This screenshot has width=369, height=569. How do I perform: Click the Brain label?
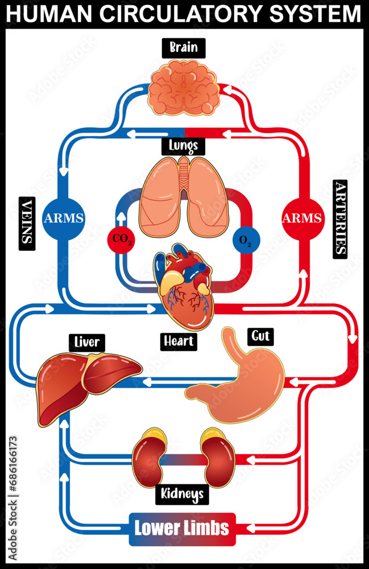[x=183, y=47]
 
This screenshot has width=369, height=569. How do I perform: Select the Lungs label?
[x=183, y=146]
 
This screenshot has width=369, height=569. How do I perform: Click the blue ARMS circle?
[x=64, y=217]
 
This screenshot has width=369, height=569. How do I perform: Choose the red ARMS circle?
[x=303, y=217]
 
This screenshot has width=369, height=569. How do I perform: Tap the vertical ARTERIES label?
[x=339, y=217]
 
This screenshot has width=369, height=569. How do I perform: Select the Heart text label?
[x=179, y=341]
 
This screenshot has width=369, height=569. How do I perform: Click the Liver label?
[x=87, y=343]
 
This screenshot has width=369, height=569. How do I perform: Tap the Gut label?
[x=260, y=336]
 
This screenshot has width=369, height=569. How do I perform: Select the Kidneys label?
[x=183, y=494]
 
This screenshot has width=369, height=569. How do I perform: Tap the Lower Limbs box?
[x=182, y=527]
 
